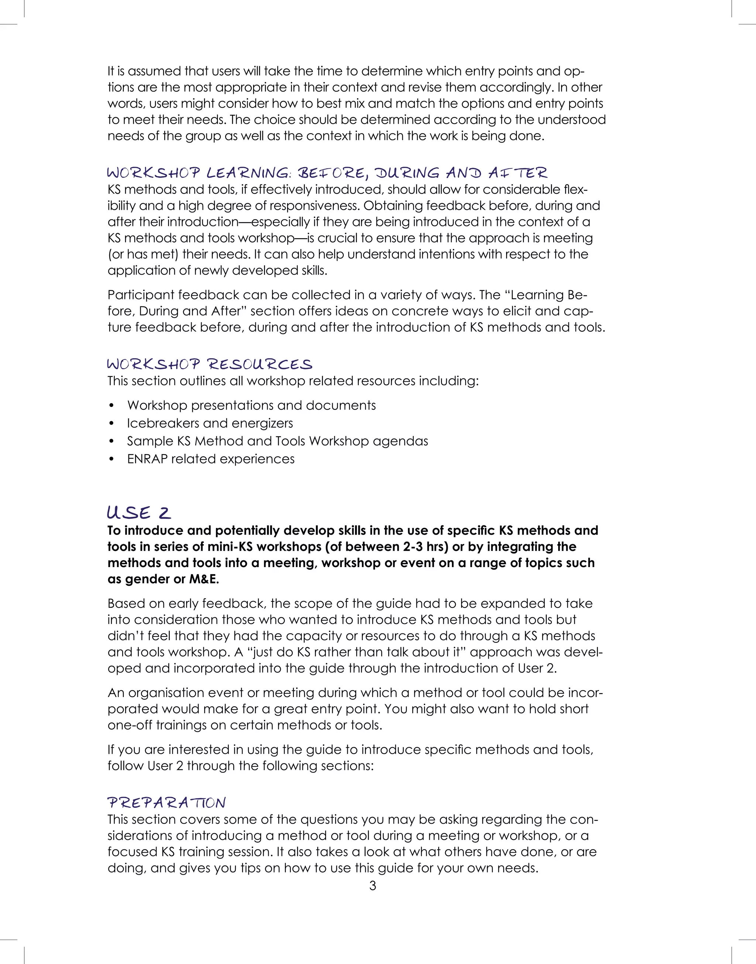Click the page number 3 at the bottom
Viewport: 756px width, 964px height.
(373, 886)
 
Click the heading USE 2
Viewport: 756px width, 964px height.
(138, 513)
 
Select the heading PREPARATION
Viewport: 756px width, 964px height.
(166, 803)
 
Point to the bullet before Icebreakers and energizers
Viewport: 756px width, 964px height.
(111, 423)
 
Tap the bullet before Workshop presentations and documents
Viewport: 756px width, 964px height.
(111, 405)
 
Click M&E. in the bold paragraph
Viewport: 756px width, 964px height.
(204, 579)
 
